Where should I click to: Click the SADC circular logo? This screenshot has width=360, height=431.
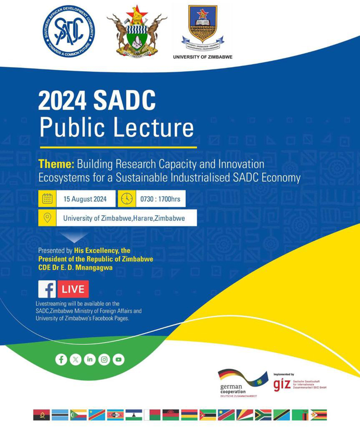[x=69, y=31]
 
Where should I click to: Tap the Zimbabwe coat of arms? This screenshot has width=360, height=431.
[x=137, y=32]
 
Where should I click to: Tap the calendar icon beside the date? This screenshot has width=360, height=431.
[x=47, y=199]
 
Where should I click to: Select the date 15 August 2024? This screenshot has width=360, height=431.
[x=85, y=199]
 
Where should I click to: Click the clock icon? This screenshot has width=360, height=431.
[x=127, y=199]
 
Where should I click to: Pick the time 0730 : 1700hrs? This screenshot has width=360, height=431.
[x=160, y=199]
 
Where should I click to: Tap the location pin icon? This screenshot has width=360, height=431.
[x=47, y=218]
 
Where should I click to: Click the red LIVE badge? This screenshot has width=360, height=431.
[x=73, y=289]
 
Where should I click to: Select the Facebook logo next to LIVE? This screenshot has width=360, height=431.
[x=47, y=289]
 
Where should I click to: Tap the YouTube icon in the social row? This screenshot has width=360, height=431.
[x=118, y=359]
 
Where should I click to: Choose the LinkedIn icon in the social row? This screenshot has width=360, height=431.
[x=90, y=359]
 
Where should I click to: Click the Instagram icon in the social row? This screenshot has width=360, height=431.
[x=104, y=359]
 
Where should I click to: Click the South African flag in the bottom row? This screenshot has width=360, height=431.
[x=263, y=415]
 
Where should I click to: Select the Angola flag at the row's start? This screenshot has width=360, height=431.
[x=42, y=415]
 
